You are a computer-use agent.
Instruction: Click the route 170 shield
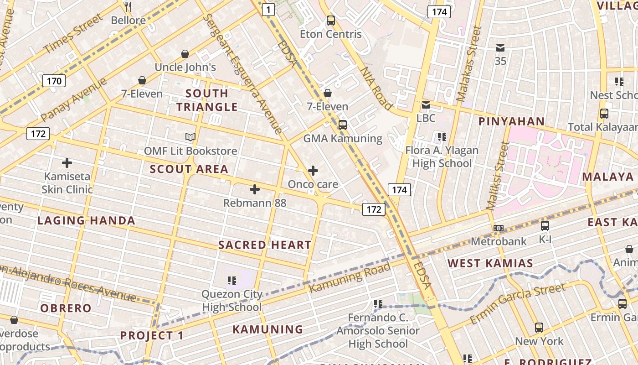54,81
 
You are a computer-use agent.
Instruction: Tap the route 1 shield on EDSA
269,9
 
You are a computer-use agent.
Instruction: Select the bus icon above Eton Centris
331,21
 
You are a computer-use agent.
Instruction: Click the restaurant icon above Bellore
128,6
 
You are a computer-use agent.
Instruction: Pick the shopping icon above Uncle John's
185,54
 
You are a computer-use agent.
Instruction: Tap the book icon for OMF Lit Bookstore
190,137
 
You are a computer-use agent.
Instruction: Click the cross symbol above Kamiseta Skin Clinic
67,162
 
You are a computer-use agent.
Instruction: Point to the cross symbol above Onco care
313,171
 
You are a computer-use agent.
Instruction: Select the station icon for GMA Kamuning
343,125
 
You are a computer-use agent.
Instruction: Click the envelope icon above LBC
426,105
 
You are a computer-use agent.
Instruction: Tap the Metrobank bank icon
499,228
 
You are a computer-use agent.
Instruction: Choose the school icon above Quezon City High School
232,280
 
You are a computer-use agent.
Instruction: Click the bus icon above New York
539,327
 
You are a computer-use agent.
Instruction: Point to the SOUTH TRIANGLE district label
207,100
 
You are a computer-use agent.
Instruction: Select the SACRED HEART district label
265,245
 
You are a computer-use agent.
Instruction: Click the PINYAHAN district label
511,121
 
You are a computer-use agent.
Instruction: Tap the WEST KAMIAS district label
490,263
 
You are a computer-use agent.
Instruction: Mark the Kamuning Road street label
350,278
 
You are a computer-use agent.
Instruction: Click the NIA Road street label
376,89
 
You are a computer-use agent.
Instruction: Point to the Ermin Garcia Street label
518,303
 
